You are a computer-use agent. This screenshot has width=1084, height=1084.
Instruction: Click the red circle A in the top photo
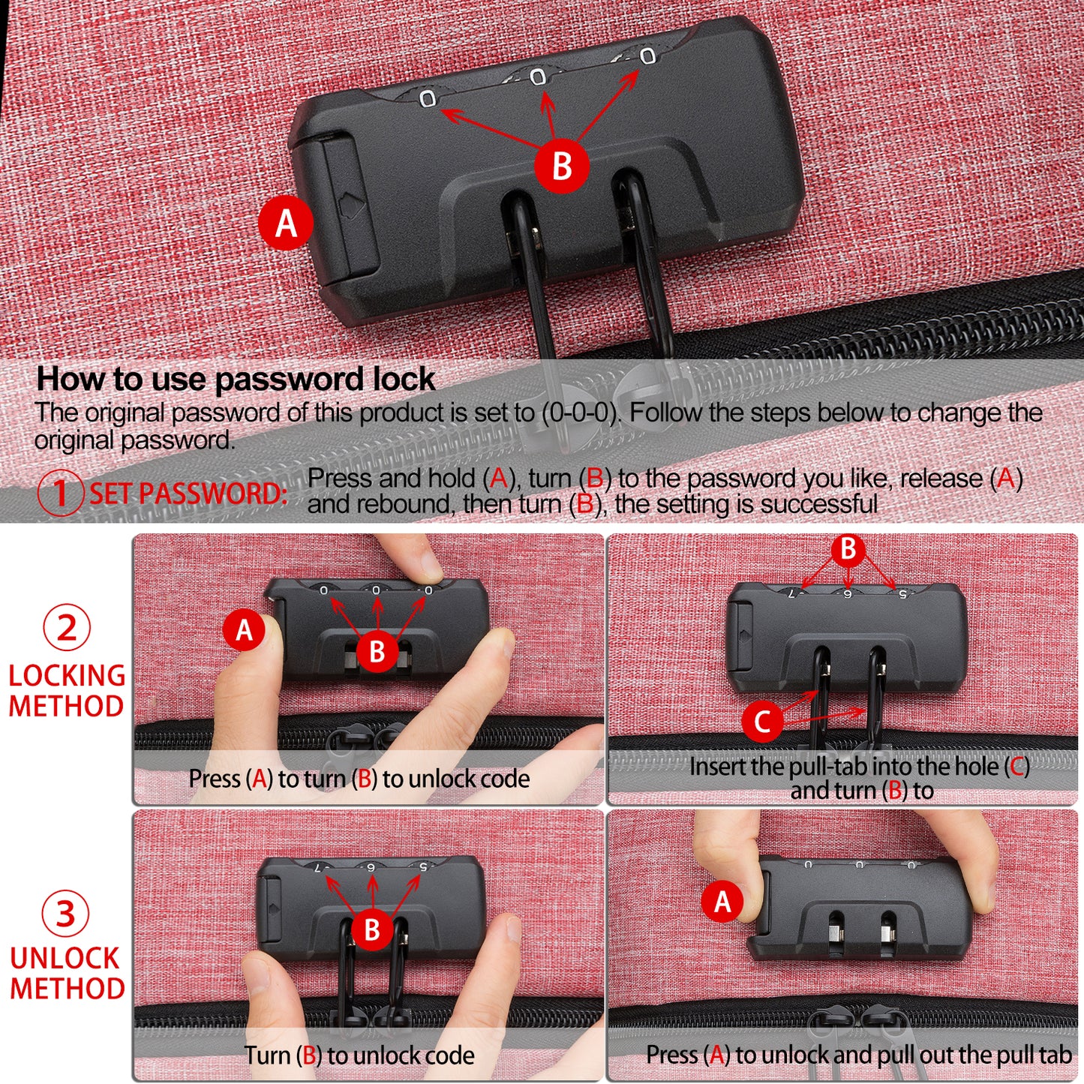[286, 224]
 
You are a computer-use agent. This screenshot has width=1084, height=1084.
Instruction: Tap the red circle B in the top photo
[561, 166]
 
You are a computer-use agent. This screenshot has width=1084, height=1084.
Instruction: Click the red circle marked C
[762, 721]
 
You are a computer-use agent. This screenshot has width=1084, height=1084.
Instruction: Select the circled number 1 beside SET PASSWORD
[60, 493]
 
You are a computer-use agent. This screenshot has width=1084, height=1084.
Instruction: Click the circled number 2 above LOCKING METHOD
[67, 627]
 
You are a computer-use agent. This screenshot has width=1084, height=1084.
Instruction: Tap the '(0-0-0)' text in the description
[580, 413]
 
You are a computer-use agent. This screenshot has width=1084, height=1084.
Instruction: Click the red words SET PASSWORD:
[188, 494]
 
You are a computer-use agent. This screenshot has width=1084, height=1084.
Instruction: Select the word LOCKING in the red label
[67, 676]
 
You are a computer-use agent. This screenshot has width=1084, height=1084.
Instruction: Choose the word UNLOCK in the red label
[65, 958]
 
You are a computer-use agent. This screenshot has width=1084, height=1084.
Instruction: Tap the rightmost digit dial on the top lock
[647, 56]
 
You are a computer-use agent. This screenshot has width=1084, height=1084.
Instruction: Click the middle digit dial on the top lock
[538, 77]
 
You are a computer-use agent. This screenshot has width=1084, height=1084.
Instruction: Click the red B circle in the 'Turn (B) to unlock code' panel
[372, 929]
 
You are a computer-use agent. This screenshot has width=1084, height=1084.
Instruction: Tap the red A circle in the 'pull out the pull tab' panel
[722, 902]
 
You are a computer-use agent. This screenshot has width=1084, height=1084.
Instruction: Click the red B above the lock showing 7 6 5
[848, 548]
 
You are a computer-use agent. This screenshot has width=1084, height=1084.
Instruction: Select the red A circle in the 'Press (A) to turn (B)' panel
[244, 630]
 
